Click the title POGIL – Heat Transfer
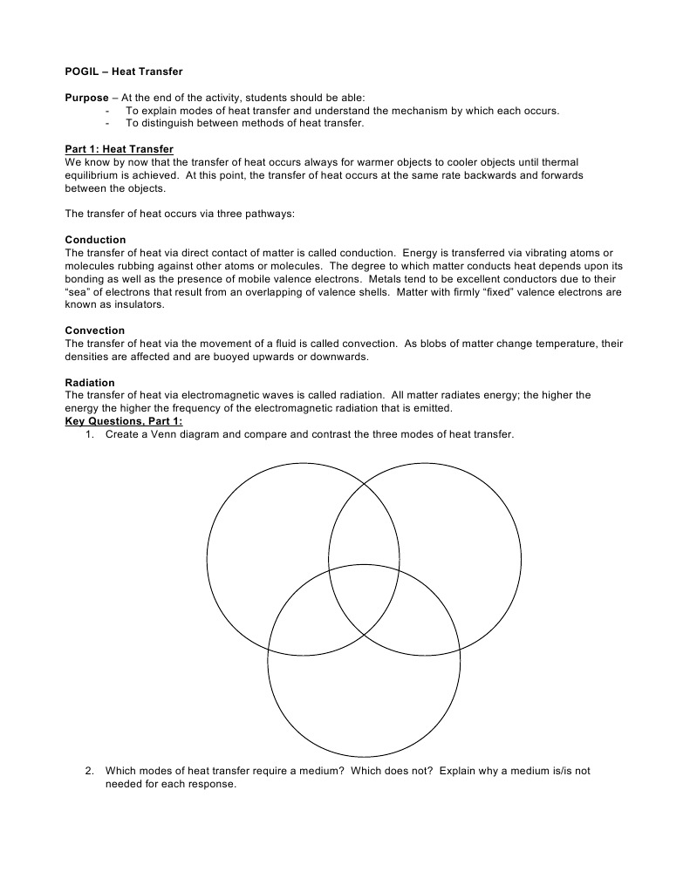coord(124,71)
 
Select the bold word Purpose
coord(86,98)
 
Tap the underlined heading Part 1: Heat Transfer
coord(120,149)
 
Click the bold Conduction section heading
coord(95,240)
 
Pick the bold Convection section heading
coord(95,330)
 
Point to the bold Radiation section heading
coord(90,382)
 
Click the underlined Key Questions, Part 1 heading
coord(123,421)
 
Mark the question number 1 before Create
coord(89,434)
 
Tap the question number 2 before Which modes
coord(89,770)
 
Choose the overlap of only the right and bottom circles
coord(423,623)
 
